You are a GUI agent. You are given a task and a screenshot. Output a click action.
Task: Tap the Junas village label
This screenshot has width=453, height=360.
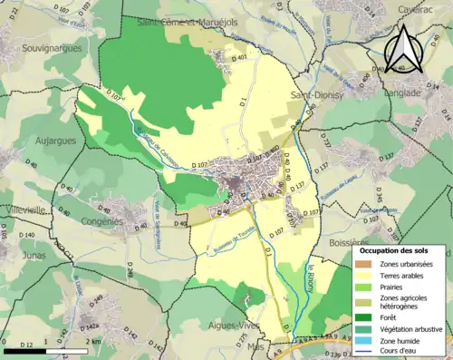(21, 256)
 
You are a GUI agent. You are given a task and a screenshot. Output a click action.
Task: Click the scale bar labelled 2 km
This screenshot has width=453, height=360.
(45, 349)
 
